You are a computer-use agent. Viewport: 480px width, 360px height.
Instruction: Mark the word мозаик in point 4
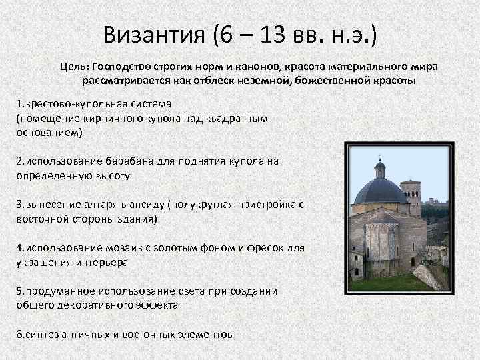118,247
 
